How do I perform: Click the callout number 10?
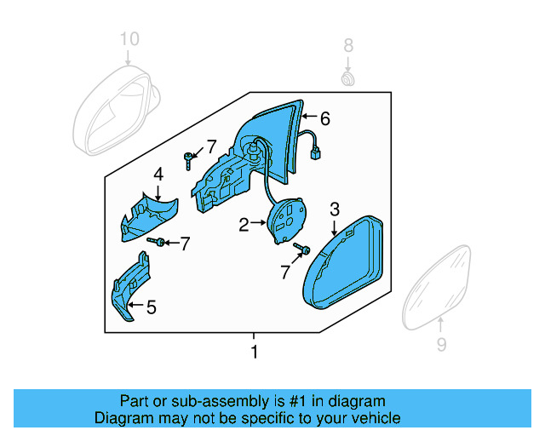tap(128, 39)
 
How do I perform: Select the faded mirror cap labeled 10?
tap(117, 106)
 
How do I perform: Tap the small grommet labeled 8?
tap(347, 79)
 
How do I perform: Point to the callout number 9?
tap(440, 345)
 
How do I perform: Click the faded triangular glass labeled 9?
tap(438, 285)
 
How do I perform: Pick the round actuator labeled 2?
tap(287, 221)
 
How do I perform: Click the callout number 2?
tap(244, 225)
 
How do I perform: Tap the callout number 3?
tap(335, 209)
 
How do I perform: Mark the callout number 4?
tap(158, 175)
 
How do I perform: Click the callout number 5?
tap(151, 307)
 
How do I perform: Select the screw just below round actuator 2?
tap(300, 250)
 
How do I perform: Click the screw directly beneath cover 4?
tap(155, 243)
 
